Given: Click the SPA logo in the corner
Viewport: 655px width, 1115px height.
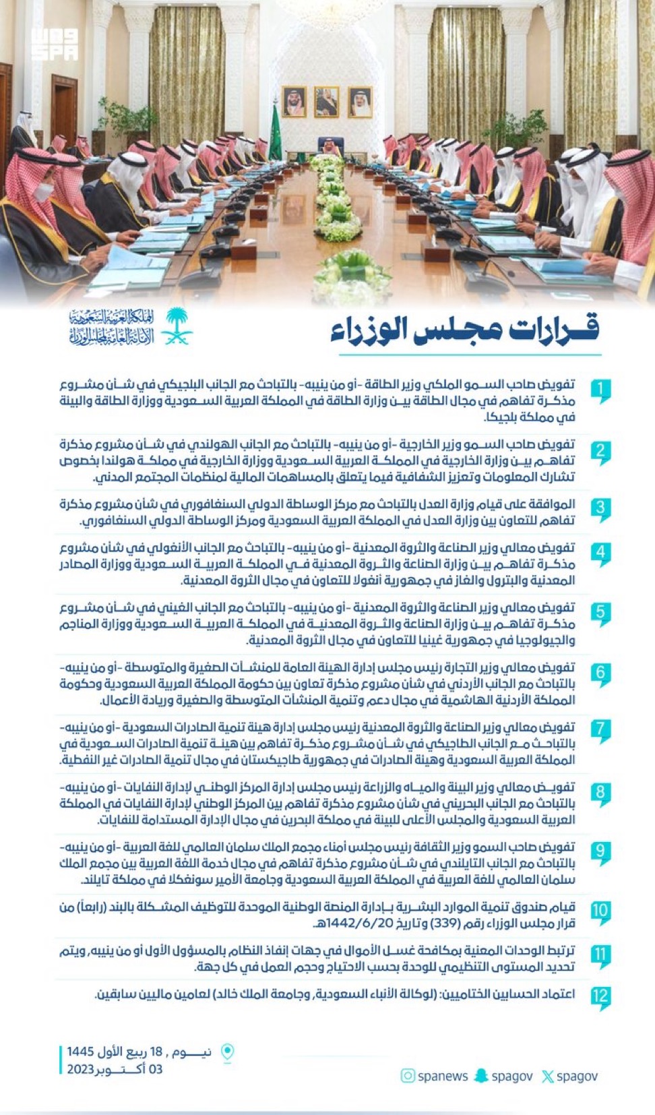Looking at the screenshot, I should pos(55,44).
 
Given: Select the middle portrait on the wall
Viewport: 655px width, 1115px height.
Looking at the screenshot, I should pos(327,102).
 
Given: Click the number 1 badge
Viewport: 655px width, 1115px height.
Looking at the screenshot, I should pos(600,390).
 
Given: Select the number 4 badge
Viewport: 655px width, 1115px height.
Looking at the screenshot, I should pos(600,553).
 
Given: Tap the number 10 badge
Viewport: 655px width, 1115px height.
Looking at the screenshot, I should pos(600,911).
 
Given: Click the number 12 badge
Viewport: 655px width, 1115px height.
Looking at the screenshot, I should pos(600,996).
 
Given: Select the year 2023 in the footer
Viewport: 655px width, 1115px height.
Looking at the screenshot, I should pos(80,1069).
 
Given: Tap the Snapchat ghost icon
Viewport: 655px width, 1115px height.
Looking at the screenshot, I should pos(481,1076).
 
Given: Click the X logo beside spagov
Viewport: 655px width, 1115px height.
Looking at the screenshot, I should pos(548,1077).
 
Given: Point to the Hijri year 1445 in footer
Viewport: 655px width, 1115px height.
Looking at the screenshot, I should pos(80,1052).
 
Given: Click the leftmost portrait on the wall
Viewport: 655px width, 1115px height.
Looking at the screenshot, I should pos(294,102).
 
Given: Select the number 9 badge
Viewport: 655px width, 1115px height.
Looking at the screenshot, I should pos(600,851).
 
